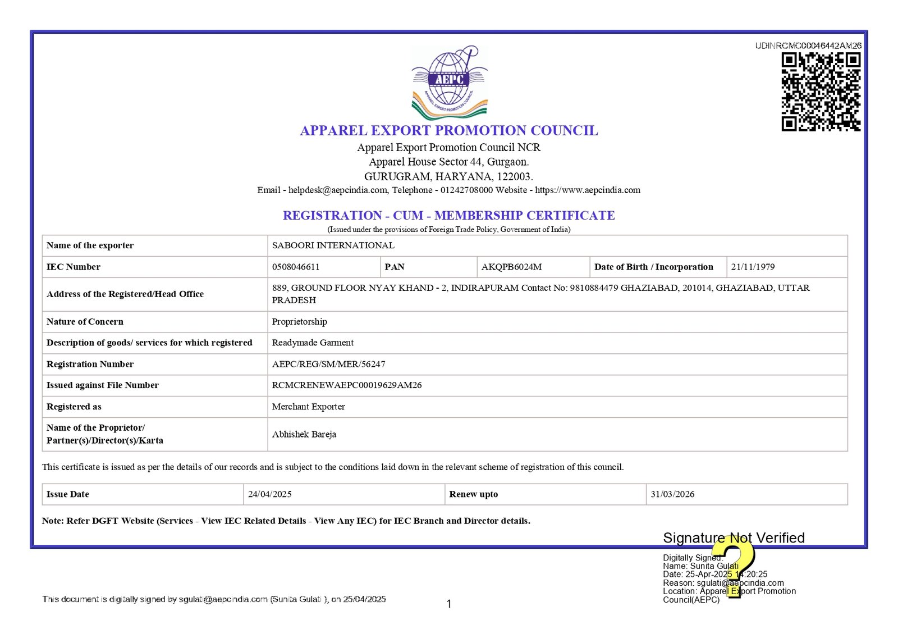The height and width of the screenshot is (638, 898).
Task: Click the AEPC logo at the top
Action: [x=450, y=82]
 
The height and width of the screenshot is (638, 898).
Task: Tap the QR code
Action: [x=821, y=92]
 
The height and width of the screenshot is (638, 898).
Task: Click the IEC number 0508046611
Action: [x=296, y=267]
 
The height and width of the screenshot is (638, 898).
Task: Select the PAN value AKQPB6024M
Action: [x=511, y=267]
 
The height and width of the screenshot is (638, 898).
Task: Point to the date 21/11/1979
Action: [x=753, y=267]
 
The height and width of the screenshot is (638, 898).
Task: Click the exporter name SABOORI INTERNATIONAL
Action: [x=333, y=245]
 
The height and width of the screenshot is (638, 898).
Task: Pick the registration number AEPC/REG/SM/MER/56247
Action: [x=328, y=364]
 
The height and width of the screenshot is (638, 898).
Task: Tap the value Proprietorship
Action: [x=299, y=322]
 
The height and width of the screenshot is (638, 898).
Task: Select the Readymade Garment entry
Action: [x=313, y=343]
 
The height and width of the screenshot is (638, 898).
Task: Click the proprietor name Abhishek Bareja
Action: [x=304, y=434]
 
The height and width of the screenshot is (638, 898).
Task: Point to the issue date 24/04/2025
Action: [x=270, y=494]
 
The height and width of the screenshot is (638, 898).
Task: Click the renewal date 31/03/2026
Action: [x=672, y=494]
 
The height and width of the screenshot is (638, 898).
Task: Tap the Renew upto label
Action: [x=473, y=494]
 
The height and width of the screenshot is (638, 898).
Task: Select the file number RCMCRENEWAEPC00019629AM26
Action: [x=347, y=385]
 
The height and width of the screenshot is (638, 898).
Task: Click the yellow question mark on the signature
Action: [x=734, y=564]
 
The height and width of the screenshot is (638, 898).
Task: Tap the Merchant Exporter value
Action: [x=308, y=407]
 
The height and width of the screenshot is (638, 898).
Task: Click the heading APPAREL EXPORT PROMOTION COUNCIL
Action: [x=449, y=130]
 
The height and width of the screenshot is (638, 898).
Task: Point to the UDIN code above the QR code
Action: [x=808, y=45]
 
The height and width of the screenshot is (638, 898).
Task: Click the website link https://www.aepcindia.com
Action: [x=587, y=190]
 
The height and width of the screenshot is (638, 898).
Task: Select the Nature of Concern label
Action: [x=85, y=322]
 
